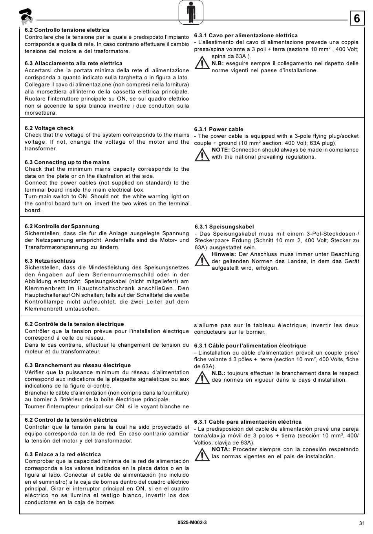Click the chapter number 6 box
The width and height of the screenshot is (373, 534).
pos(357,18)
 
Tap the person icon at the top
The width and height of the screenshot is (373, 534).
pos(191,12)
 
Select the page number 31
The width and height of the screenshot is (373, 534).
pos(362,523)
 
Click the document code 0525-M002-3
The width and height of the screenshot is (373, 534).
pos(192,522)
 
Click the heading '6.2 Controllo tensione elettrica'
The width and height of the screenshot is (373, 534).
pos(67,30)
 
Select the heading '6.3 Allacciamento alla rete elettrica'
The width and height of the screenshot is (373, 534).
pos(73,63)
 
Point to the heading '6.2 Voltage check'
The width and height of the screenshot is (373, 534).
pos(49,128)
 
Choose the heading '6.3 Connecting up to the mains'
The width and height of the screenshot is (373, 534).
pos(67,162)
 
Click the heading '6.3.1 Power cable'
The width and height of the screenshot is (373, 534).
pos(219,129)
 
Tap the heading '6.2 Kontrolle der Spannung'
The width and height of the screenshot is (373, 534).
pos(62,226)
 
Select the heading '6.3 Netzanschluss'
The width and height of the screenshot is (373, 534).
pos(50,261)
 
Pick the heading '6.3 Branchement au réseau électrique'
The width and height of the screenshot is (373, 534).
pos(78,365)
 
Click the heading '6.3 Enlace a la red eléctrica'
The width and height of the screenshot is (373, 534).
pos(63,454)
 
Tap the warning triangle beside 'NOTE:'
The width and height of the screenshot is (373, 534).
pos(202,154)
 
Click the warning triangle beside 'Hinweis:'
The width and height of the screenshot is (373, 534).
pos(202,260)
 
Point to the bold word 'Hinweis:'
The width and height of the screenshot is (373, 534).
pos(224,254)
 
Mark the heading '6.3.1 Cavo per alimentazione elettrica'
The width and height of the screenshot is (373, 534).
pos(246,35)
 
